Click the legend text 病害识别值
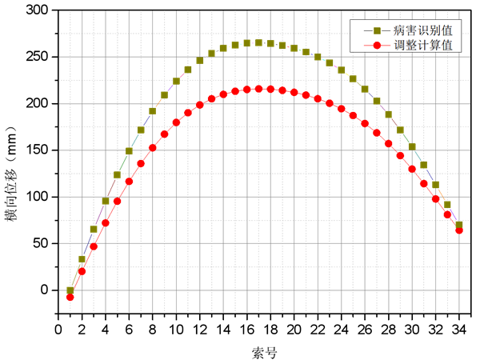pos(422,30)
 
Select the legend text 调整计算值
pos(422,45)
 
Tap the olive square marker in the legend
pos(377,30)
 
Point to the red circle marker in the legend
pos(377,45)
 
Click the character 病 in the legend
pos(398,30)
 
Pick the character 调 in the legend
pos(398,45)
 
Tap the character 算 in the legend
pos(434,45)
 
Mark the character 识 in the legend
pos(422,30)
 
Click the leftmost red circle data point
pos(70,297)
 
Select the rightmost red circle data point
pos(459,230)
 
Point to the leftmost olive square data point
pos(70,290)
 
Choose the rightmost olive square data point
pos(459,225)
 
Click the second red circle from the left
pos(82,271)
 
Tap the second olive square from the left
pos(82,258)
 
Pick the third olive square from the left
pos(94,229)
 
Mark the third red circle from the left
pos(94,246)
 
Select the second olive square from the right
pos(447,205)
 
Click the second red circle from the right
pos(447,214)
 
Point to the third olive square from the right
pos(435,185)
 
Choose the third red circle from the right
pos(435,198)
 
